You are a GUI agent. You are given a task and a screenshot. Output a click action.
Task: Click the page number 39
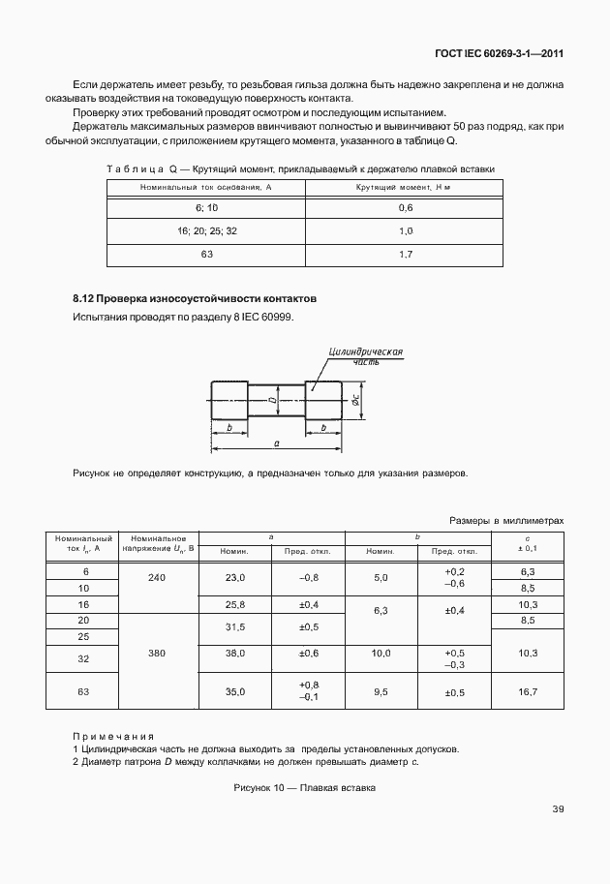[x=557, y=809]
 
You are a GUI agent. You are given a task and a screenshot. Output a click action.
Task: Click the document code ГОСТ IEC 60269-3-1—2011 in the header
[x=495, y=55]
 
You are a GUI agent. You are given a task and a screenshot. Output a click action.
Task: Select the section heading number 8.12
[x=85, y=298]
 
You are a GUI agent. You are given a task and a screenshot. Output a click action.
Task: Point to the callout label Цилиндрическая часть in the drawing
[x=365, y=354]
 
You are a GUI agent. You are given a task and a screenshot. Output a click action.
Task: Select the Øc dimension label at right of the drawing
[x=355, y=398]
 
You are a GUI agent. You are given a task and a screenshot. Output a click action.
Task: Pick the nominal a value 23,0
[x=235, y=578]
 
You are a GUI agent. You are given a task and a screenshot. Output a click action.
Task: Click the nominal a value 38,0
[x=235, y=654]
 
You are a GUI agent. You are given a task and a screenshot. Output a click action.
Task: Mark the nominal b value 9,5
[x=381, y=692]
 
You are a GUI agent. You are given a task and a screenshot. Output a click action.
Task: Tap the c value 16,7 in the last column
[x=528, y=692]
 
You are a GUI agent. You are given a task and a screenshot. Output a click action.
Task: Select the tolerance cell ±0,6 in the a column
[x=309, y=654]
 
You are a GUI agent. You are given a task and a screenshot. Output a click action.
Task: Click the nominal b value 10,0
[x=381, y=654]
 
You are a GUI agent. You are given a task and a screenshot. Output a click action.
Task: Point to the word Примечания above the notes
[x=113, y=736]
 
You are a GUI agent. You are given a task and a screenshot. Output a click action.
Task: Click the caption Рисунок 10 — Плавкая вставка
[x=304, y=788]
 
